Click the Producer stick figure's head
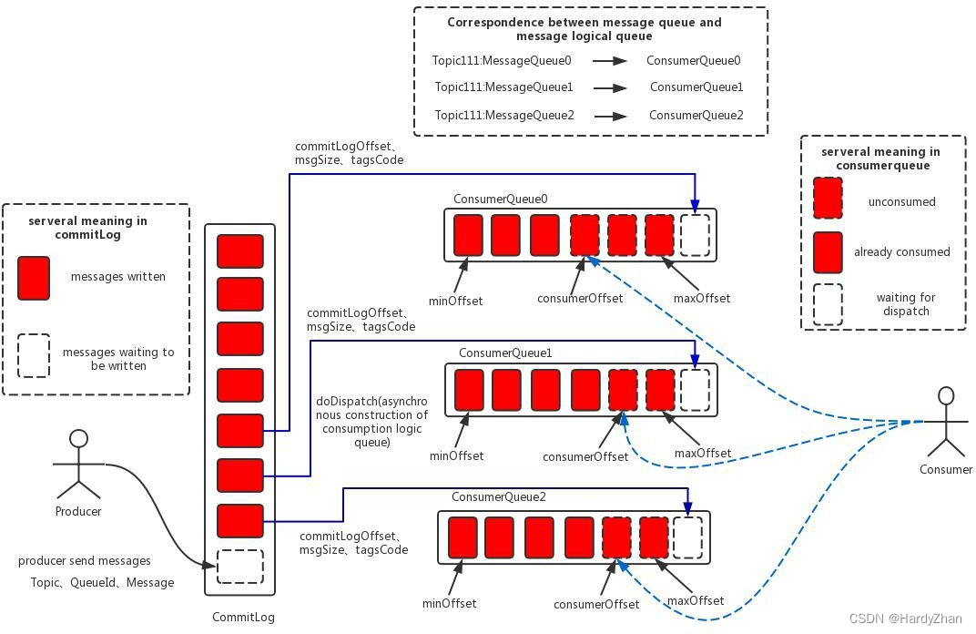(79, 439)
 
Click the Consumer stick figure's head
(947, 396)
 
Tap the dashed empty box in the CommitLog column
(240, 567)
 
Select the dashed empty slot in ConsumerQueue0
(695, 234)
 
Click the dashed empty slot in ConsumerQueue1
(695, 389)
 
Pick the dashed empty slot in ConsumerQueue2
(687, 537)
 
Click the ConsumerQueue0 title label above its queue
(500, 199)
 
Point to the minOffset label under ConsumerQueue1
(458, 455)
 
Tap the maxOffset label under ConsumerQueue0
(701, 298)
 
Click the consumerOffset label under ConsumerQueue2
(595, 604)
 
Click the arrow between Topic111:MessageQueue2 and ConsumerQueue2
(610, 116)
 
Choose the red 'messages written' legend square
(34, 277)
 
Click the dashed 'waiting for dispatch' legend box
(828, 304)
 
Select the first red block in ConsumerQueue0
(468, 234)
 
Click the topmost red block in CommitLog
(240, 251)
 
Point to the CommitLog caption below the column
(243, 617)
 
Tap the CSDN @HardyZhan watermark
(905, 619)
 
